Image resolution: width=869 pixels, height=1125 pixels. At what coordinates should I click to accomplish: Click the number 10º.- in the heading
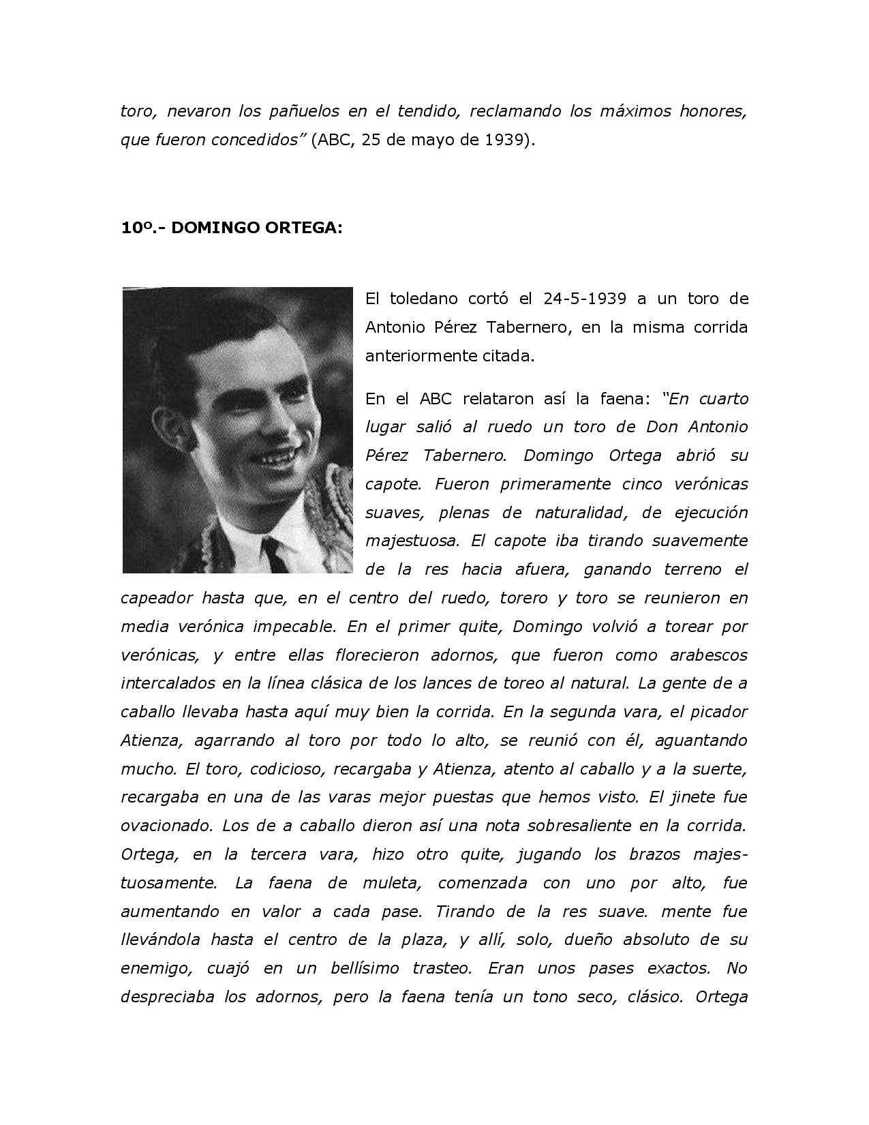pos(142,228)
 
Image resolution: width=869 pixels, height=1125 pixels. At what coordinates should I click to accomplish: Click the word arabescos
pos(708,655)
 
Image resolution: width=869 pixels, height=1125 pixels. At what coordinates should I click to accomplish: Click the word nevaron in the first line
pos(198,111)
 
